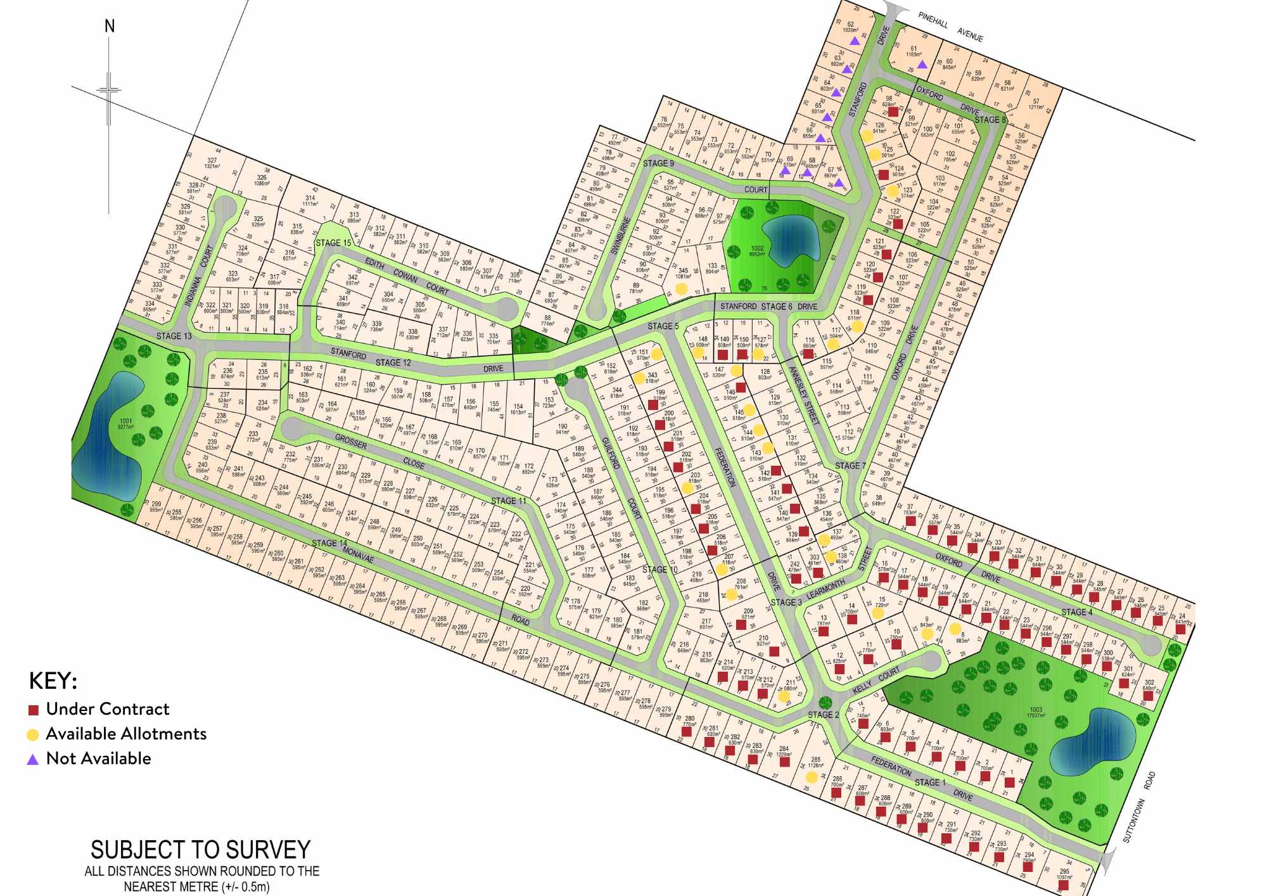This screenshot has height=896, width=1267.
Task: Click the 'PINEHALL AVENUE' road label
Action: tap(950, 27)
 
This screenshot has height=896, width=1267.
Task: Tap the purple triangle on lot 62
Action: tap(855, 41)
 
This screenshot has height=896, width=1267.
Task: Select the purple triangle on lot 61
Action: tap(922, 64)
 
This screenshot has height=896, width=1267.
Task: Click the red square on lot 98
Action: tap(893, 112)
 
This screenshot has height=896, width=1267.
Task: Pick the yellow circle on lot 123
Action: tap(893, 190)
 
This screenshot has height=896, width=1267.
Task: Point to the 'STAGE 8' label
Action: tap(990, 119)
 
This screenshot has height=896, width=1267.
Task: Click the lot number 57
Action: tap(1036, 101)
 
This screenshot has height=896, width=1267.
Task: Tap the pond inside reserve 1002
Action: tap(789, 234)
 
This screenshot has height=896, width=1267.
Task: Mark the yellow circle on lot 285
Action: tap(812, 777)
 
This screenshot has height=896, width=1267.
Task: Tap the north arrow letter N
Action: tap(110, 27)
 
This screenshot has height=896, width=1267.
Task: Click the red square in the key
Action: tap(34, 710)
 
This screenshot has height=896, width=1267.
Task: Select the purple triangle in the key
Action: tap(33, 759)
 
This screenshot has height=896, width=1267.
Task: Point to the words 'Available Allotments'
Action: tap(126, 734)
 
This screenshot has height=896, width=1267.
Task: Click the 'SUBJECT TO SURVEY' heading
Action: tap(201, 850)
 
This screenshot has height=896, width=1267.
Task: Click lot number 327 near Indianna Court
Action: tap(212, 161)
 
